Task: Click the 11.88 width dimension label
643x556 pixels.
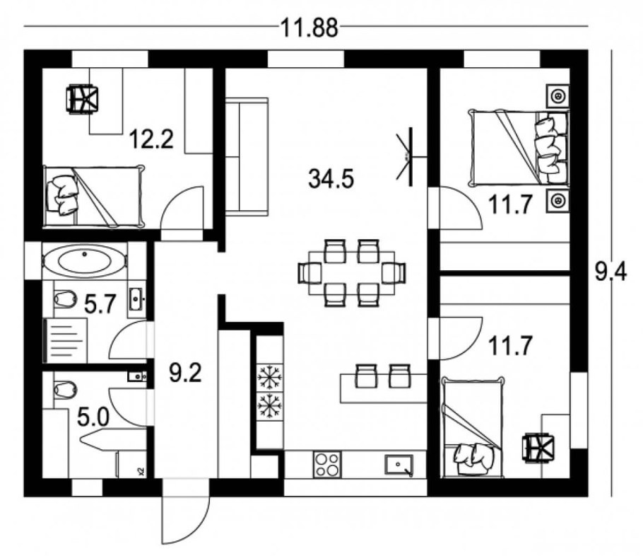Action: click(309, 28)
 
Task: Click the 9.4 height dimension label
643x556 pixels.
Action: click(610, 272)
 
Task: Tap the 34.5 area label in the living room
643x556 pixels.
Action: click(331, 179)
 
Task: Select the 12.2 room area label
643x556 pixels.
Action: click(151, 139)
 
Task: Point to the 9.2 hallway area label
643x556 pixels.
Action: click(185, 373)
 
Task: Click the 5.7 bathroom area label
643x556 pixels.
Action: click(100, 304)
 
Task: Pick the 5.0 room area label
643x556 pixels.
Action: click(93, 418)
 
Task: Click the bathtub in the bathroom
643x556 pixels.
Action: click(85, 261)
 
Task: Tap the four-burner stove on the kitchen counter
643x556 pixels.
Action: click(327, 465)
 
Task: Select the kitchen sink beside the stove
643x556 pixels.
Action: click(399, 465)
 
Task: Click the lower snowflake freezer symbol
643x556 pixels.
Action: click(270, 405)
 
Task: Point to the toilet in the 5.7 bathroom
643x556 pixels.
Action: click(65, 299)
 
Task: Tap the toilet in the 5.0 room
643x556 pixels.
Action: click(65, 388)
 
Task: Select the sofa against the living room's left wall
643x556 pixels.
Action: click(246, 156)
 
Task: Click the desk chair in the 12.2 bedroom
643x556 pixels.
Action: click(82, 98)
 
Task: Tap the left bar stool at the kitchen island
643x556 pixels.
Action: click(367, 376)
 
